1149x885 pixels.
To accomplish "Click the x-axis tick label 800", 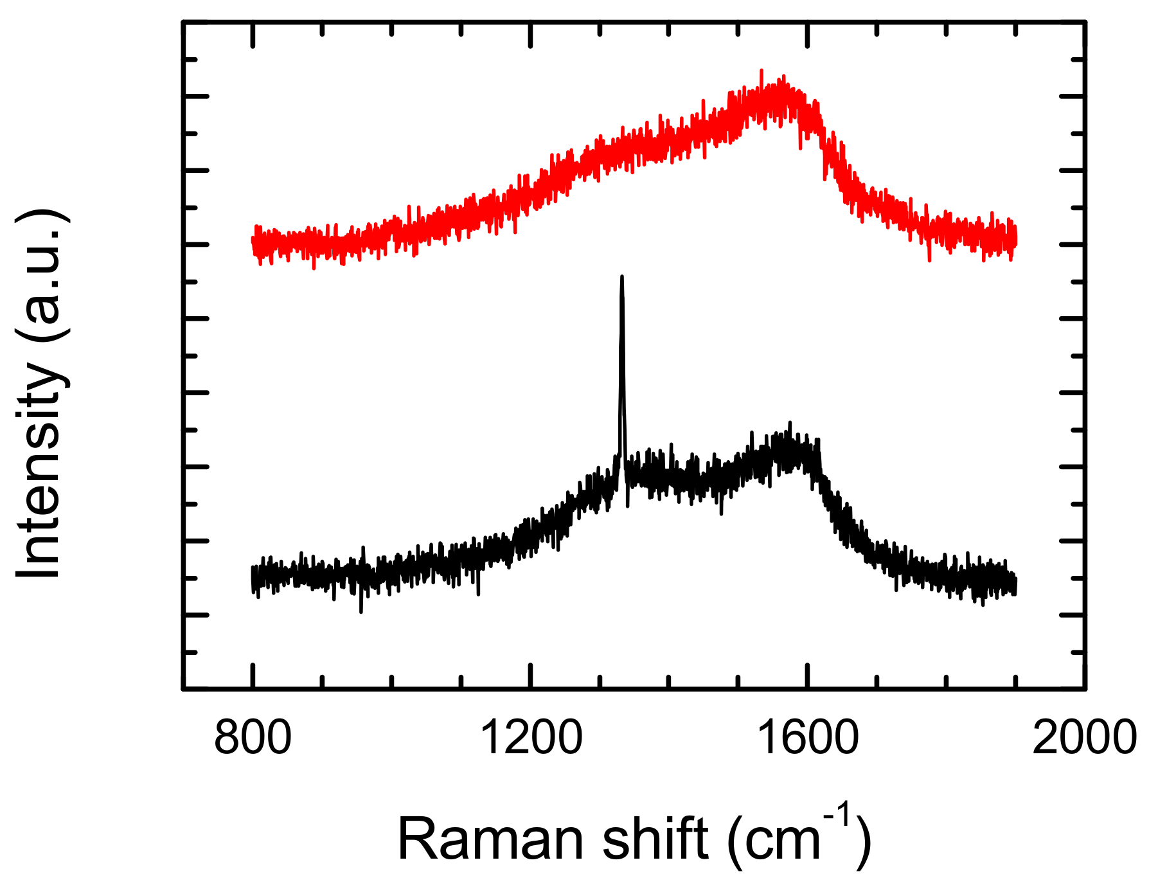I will click(253, 738).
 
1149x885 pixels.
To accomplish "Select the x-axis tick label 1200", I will click(531, 738).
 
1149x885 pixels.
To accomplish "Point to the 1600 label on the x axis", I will click(808, 738).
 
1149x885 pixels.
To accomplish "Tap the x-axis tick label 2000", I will click(1084, 738).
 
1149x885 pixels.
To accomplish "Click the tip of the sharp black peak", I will click(621, 277).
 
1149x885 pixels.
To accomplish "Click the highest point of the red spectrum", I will click(762, 71).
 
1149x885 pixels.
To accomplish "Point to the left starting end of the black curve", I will click(252, 578).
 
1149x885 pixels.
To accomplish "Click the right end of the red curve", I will click(1015, 239).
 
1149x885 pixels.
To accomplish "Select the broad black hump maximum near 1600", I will click(789, 424).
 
